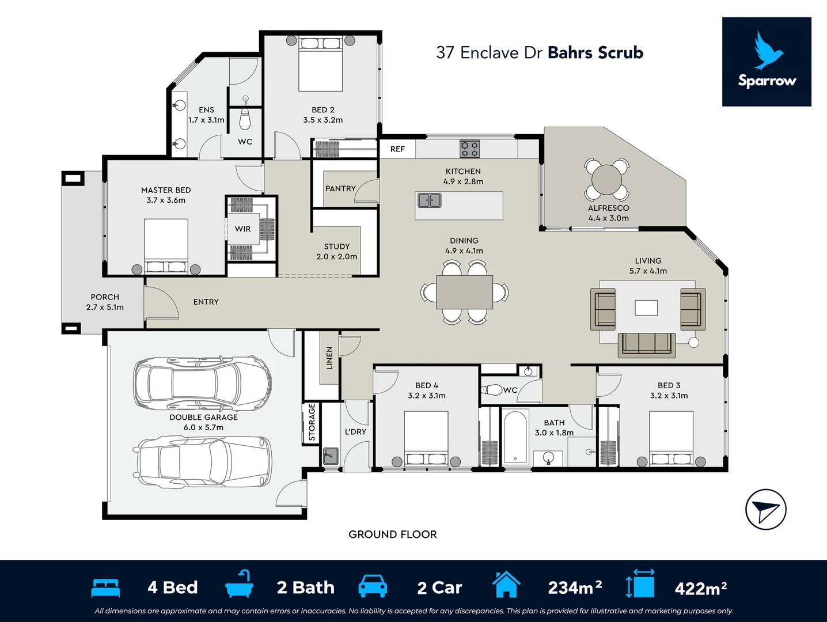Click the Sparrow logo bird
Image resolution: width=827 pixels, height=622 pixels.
[x=768, y=50]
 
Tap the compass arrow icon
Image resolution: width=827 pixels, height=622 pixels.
[x=765, y=509]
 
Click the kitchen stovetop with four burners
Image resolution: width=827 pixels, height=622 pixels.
[x=469, y=149]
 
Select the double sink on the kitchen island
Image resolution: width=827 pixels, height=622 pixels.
[x=429, y=200]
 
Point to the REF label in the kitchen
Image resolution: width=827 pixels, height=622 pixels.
[x=397, y=149]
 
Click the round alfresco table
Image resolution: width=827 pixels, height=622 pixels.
[x=607, y=179]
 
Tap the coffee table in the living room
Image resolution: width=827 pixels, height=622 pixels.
[x=646, y=308]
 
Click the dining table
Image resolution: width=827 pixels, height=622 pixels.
[x=464, y=293]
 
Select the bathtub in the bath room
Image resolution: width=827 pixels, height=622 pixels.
[x=515, y=437]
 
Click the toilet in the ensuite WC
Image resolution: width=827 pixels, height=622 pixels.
[x=245, y=117]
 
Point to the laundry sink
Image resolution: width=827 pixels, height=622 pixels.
[x=330, y=456]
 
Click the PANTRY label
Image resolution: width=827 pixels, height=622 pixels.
[x=340, y=188]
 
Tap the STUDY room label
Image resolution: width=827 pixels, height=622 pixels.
[x=337, y=246]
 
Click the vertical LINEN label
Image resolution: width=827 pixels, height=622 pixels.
[x=329, y=358]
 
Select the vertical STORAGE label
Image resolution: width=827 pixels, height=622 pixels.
[x=312, y=422]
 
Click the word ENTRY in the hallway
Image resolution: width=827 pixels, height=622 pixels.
[x=206, y=302]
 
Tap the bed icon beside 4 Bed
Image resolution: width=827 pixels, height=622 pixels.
[x=105, y=587]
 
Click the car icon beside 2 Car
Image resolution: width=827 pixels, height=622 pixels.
[x=373, y=586]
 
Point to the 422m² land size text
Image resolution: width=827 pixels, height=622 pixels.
[x=700, y=588]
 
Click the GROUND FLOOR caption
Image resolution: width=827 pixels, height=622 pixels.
[x=392, y=534]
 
